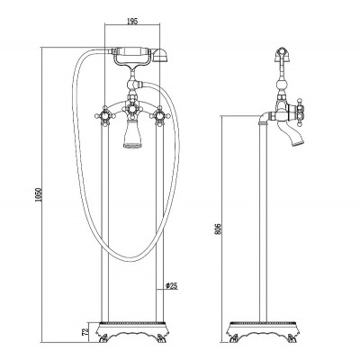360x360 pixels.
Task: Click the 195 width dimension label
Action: pyautogui.click(x=132, y=21)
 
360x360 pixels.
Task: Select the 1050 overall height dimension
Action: pyautogui.click(x=38, y=195)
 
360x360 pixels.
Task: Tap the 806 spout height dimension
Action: pyautogui.click(x=219, y=229)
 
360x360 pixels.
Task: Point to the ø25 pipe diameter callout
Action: pyautogui.click(x=172, y=285)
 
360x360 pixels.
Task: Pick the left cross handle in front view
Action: pyautogui.click(x=104, y=115)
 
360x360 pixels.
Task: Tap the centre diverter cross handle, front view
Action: pyautogui.click(x=130, y=109)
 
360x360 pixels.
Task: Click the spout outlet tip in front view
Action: pyautogui.click(x=130, y=146)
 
